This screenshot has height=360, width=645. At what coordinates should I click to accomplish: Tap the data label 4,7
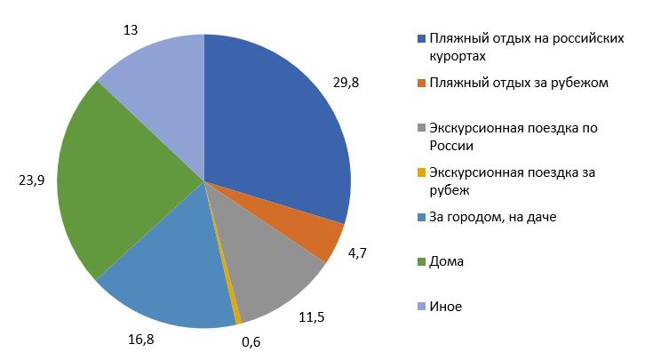pos(358,252)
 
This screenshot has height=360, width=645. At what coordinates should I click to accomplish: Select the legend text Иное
pos(445,306)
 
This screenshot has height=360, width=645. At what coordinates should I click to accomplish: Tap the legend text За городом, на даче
pos(492,216)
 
